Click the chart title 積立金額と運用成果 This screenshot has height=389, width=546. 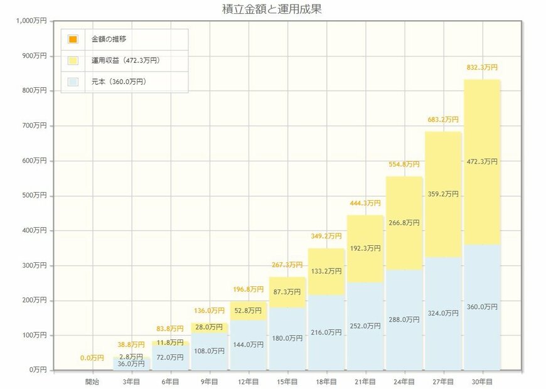click(x=272, y=9)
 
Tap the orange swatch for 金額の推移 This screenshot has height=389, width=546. click(x=73, y=40)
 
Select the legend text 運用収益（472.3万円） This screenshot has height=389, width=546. click(x=126, y=61)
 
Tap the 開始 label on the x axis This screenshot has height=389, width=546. click(x=93, y=381)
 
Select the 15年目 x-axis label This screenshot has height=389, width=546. click(x=287, y=381)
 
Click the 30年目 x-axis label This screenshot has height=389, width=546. click(x=482, y=381)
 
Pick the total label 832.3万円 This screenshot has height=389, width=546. click(x=482, y=67)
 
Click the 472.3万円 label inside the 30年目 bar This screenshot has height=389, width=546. click(x=482, y=162)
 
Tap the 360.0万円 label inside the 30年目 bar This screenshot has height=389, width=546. click(x=482, y=307)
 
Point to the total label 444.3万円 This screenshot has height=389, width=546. click(x=365, y=203)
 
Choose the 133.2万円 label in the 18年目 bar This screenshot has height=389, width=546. click(x=326, y=272)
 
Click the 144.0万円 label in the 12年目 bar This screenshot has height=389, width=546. click(x=249, y=344)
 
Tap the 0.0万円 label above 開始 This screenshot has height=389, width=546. click(x=92, y=358)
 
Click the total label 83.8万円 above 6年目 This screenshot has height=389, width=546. click(x=171, y=329)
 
